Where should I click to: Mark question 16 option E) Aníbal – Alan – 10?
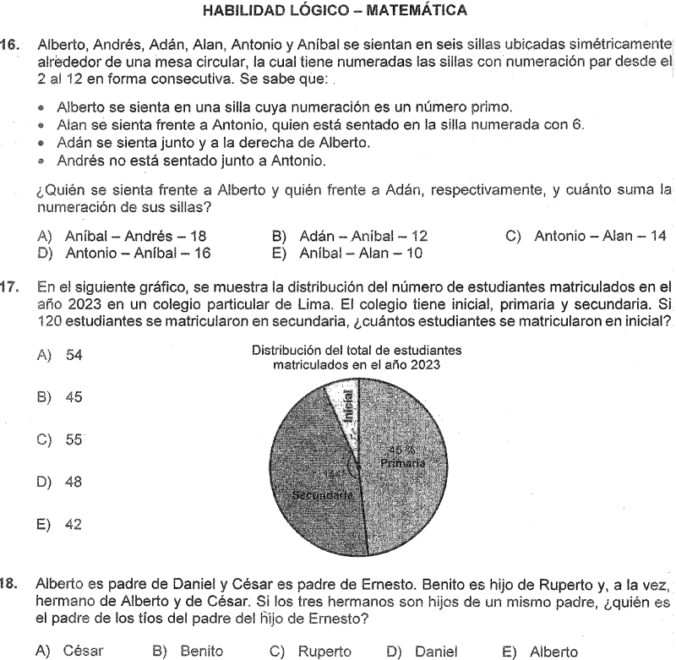click(349, 252)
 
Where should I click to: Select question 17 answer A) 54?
click(60, 356)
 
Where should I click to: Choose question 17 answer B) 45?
click(60, 397)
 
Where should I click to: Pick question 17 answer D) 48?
click(60, 483)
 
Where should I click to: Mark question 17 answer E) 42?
click(60, 524)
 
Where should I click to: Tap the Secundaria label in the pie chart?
click(321, 495)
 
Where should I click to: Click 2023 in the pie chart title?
click(426, 365)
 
